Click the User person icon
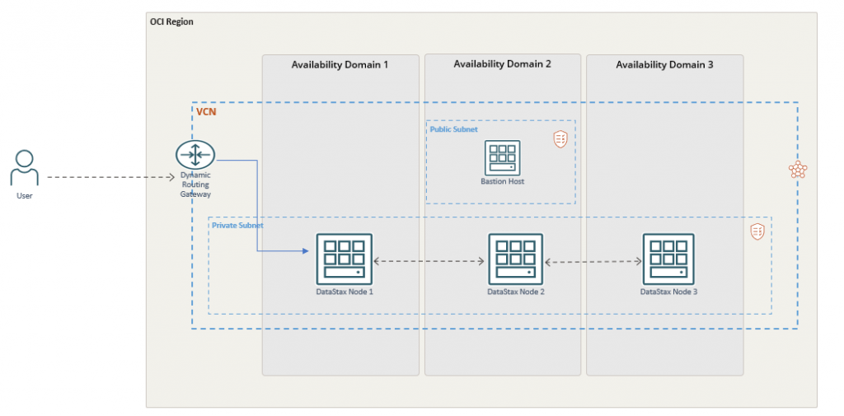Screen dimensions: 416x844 25,168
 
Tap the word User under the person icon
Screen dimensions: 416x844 25,196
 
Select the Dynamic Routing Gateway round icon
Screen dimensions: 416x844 195,154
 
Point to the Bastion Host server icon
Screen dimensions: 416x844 502,157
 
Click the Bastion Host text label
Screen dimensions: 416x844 502,181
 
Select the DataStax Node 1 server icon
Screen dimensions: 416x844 344,259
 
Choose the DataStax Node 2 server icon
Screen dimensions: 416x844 515,259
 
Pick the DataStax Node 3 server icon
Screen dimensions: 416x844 668,259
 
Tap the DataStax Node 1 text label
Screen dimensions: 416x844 344,292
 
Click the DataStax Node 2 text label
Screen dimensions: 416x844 515,292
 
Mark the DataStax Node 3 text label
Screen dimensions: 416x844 668,292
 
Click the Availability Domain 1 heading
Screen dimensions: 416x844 340,65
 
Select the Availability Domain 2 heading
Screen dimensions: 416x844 502,64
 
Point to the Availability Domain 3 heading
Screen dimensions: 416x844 664,65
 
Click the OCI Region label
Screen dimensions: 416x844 171,21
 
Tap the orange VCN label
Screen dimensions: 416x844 205,111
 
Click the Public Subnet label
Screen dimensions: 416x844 453,129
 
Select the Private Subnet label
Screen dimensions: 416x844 237,225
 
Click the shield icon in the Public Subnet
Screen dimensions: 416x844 560,139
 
